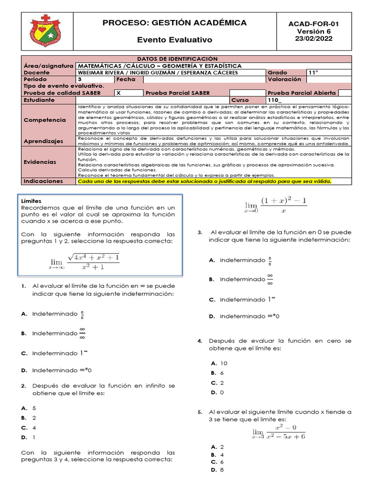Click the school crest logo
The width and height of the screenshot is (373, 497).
point(46,31)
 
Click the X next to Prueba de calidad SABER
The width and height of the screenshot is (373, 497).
point(119,93)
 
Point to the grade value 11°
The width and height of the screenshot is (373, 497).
point(313,72)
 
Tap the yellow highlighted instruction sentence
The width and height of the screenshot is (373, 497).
point(204,181)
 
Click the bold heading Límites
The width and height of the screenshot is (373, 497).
point(32,200)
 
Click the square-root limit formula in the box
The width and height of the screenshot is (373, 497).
point(84,262)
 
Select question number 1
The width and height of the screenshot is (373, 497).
point(23,286)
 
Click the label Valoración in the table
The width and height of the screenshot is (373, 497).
point(284,79)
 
